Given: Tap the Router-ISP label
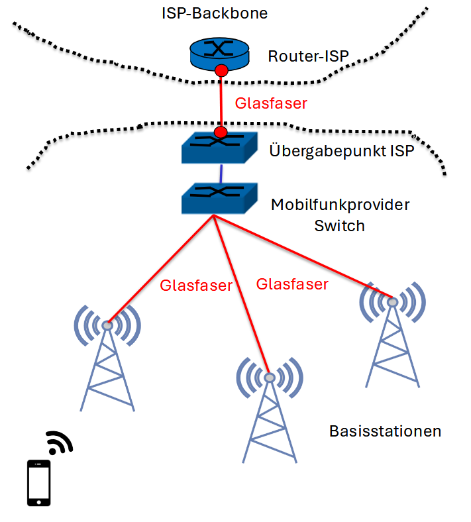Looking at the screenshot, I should coord(308,56).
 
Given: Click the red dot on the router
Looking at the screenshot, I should coord(221,70).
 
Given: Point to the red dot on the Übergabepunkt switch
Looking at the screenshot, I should coord(221,134).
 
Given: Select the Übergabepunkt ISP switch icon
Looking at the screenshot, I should coord(219,147).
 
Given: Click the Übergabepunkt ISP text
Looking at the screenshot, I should coord(342,150).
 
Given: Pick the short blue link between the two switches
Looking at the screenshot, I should coord(220,174).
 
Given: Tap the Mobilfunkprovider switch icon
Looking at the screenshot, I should coord(219,198).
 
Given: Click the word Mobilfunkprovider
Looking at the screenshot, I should coord(340,204).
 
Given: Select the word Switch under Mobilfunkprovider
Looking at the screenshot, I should coord(339,225).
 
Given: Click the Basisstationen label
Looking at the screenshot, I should coord(385,431).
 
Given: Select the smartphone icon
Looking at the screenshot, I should coord(38,483).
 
